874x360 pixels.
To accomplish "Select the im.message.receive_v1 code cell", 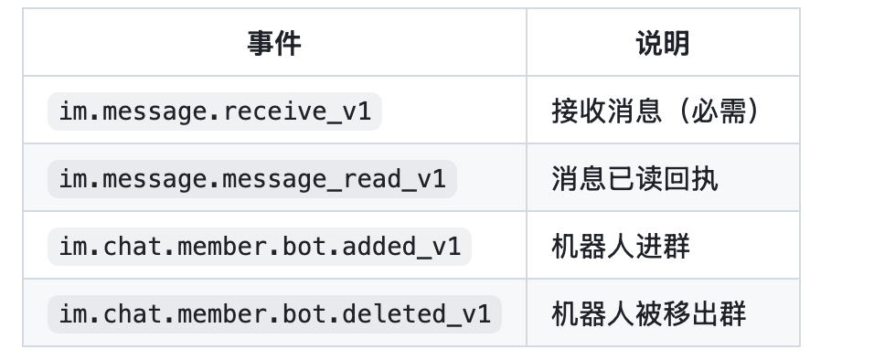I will pyautogui.click(x=215, y=111).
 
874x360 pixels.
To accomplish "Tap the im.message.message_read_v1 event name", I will pyautogui.click(x=251, y=179).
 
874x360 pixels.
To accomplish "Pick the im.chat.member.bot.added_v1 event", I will pyautogui.click(x=260, y=247).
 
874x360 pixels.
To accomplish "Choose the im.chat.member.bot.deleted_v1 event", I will pyautogui.click(x=274, y=314).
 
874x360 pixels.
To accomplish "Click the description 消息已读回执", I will pyautogui.click(x=634, y=179).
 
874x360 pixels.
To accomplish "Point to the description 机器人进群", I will pyautogui.click(x=621, y=247).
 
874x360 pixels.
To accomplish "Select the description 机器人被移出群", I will pyautogui.click(x=648, y=314).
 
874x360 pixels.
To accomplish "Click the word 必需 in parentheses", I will pyautogui.click(x=719, y=111).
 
